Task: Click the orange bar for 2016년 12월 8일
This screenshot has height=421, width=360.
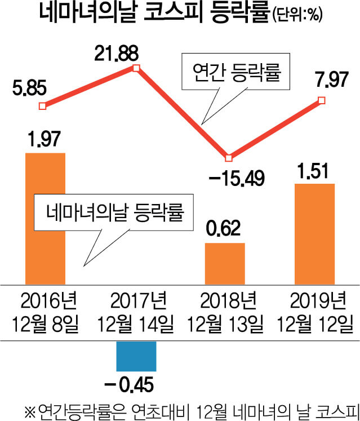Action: click(x=46, y=218)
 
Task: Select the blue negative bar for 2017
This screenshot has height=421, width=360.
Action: click(x=136, y=356)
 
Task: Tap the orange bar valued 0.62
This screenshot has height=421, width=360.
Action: click(x=225, y=263)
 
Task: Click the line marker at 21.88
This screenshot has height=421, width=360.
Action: click(x=136, y=69)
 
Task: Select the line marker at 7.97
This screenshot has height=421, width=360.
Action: click(x=322, y=100)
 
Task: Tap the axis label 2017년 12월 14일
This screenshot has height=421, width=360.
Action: click(x=135, y=312)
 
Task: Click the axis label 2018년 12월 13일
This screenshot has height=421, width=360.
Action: click(x=225, y=312)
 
